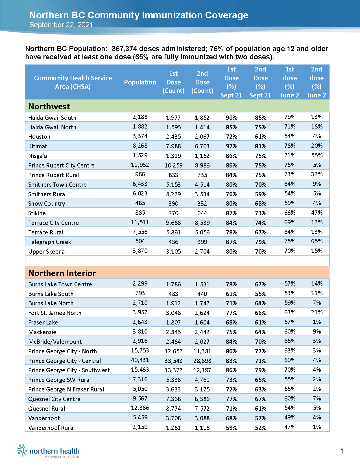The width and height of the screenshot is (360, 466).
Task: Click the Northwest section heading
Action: pyautogui.click(x=49, y=106)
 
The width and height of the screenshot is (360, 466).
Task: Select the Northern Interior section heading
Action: pyautogui.click(x=62, y=273)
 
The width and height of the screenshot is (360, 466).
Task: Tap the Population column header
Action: pyautogui.click(x=140, y=82)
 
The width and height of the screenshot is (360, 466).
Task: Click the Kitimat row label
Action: pyautogui.click(x=38, y=146)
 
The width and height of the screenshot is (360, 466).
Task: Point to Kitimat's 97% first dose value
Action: pyautogui.click(x=232, y=146)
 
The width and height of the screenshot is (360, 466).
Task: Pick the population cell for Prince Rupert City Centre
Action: pyautogui.click(x=140, y=165)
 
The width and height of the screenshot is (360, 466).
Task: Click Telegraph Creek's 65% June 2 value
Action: pyautogui.click(x=317, y=241)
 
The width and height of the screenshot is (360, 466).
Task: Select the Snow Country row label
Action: pyautogui.click(x=47, y=204)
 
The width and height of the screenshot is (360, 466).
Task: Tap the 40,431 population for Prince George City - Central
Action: pyautogui.click(x=140, y=360)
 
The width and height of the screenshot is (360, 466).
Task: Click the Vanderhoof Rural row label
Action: pyautogui.click(x=51, y=428)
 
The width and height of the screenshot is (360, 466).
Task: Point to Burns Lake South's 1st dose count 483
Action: pyautogui.click(x=173, y=294)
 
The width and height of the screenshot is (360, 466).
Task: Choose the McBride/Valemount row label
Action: pyautogui.click(x=55, y=342)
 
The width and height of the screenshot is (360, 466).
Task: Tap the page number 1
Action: pyautogui.click(x=342, y=451)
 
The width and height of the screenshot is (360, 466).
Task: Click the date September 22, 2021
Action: pyautogui.click(x=61, y=25)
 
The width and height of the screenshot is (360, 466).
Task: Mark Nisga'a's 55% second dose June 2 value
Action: pyautogui.click(x=317, y=155)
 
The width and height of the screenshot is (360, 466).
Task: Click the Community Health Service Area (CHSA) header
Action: pyautogui.click(x=73, y=82)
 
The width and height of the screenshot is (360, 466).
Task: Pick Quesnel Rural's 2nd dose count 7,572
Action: pyautogui.click(x=202, y=409)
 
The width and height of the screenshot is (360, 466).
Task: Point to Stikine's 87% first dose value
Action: pyautogui.click(x=232, y=213)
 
